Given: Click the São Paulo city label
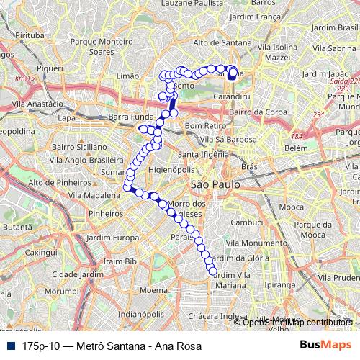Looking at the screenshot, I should pyautogui.click(x=210, y=185).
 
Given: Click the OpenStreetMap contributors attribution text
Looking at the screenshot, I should pyautogui.click(x=297, y=322).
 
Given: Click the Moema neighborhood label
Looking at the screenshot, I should pyautogui.click(x=153, y=290).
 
